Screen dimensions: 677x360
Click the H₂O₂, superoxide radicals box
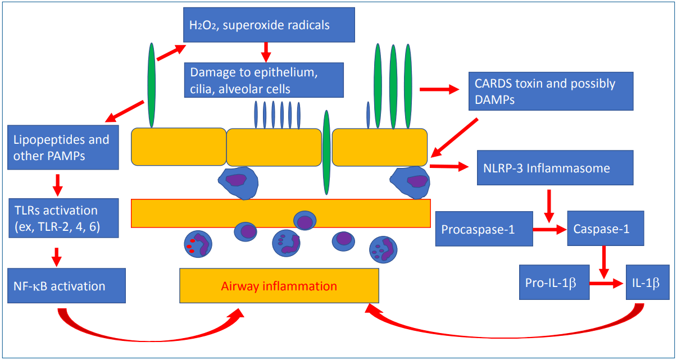(x=269, y=25)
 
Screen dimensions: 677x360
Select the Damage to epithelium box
(x=264, y=80)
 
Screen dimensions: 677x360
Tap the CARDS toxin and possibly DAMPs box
(x=551, y=91)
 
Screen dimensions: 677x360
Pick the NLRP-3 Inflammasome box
(x=555, y=167)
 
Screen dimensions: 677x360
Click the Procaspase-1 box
(x=484, y=229)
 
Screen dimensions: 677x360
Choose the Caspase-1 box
(x=606, y=229)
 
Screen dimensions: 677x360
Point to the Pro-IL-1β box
(x=555, y=282)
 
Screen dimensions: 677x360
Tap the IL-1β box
(x=648, y=282)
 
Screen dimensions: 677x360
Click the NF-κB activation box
(x=66, y=286)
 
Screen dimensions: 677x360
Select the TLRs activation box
(x=63, y=218)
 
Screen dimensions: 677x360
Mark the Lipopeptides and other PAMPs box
(x=63, y=147)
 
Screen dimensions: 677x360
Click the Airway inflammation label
(x=279, y=286)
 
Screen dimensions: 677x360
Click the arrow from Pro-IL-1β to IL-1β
(x=607, y=283)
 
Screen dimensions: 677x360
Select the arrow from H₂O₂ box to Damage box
(x=266, y=52)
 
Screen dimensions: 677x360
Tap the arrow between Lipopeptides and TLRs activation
(x=58, y=185)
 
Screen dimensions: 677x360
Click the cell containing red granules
(x=198, y=244)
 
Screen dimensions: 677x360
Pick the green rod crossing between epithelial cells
(x=326, y=153)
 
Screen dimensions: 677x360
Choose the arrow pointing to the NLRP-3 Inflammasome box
(x=449, y=166)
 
